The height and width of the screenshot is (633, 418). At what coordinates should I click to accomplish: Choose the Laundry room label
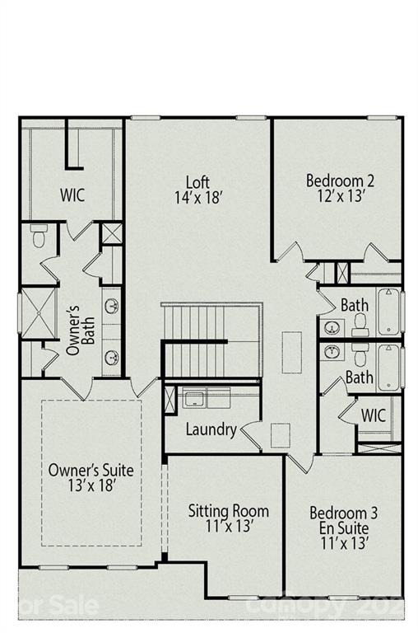[x=211, y=429]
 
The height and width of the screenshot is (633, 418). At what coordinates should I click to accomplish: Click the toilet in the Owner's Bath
[x=39, y=237]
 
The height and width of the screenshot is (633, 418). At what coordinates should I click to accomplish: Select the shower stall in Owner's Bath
[x=37, y=312]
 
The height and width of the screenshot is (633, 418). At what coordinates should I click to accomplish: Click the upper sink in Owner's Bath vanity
[x=111, y=307]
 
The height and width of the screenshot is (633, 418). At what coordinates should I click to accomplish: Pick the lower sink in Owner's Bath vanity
[x=111, y=357]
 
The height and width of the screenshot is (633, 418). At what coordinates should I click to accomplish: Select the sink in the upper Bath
[x=332, y=327]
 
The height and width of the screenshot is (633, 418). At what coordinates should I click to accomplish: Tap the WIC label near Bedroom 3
[x=373, y=415]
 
